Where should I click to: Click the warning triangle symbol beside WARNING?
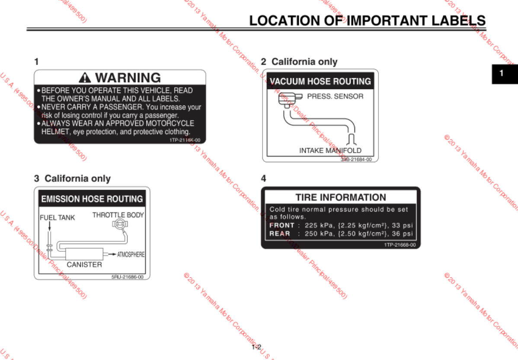tap(86, 78)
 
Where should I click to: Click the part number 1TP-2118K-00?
tap(185, 140)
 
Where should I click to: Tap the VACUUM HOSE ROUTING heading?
tap(320, 81)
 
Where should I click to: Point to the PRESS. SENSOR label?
tap(335, 96)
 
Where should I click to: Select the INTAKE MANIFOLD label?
tap(330, 151)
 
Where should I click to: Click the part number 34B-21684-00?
tap(356, 159)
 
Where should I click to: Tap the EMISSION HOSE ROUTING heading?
tap(92, 199)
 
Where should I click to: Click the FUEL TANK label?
tap(58, 218)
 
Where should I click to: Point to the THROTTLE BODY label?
tap(118, 215)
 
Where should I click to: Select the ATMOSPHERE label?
tap(131, 254)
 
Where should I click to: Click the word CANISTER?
tap(84, 264)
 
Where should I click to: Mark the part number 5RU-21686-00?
tap(127, 276)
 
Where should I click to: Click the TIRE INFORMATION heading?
tap(341, 197)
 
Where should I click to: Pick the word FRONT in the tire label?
tap(281, 225)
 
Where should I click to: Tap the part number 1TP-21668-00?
tap(400, 244)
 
